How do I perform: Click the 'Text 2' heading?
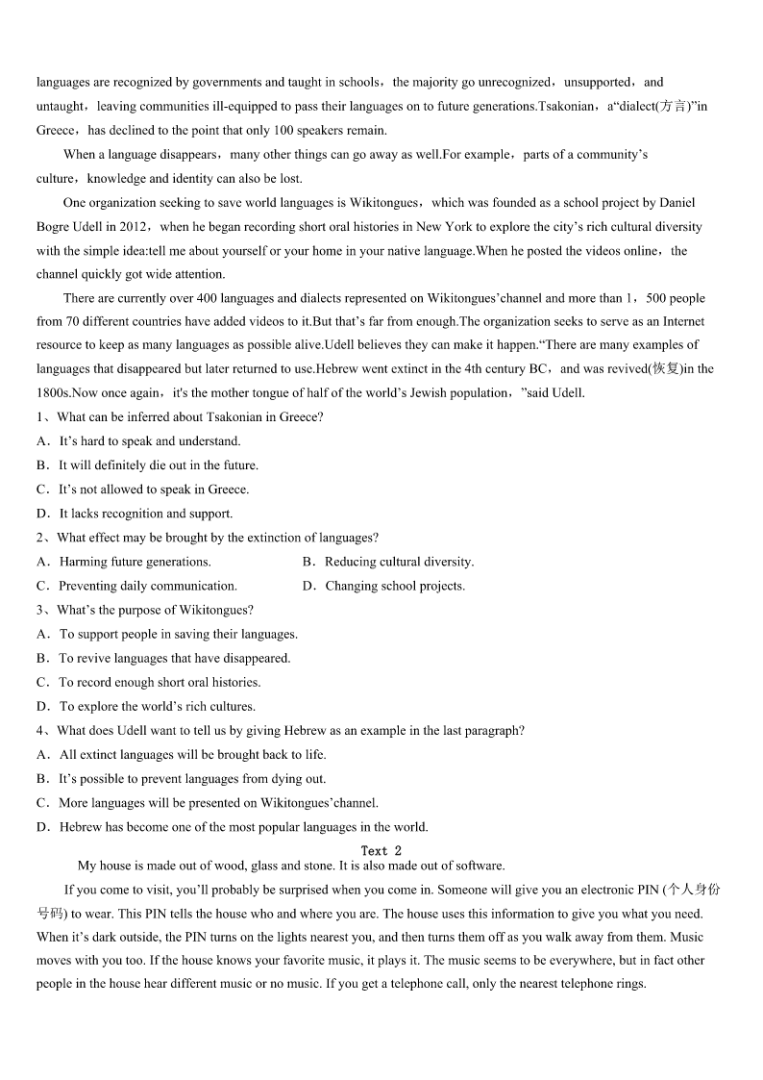381,850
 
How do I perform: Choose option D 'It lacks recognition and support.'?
145,514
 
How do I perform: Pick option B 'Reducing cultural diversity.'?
399,562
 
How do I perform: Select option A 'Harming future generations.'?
135,562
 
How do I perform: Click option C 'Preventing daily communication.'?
147,586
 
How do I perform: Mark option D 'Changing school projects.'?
394,586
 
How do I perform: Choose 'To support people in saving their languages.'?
178,634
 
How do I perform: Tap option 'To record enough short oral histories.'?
160,682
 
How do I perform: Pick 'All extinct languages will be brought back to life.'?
192,755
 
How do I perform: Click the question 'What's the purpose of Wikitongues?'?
154,610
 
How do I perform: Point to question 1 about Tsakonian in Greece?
188,416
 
